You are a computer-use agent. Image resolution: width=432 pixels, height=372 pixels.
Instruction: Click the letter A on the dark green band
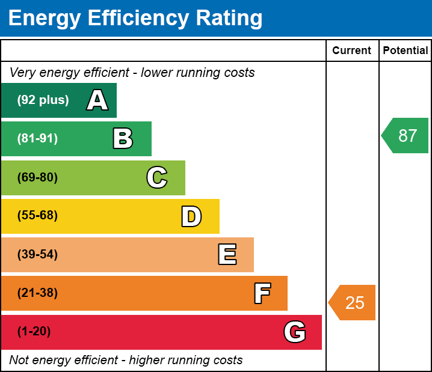pyautogui.click(x=97, y=100)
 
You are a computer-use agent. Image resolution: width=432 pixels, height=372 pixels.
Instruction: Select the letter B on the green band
pyautogui.click(x=123, y=139)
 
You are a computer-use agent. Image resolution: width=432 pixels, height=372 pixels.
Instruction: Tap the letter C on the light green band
pyautogui.click(x=156, y=177)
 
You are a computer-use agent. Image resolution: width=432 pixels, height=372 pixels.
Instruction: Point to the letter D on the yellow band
pyautogui.click(x=191, y=216)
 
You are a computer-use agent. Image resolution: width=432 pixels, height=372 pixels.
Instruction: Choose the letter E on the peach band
pyautogui.click(x=227, y=255)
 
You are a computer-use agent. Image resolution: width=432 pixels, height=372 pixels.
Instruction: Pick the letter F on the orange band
pyautogui.click(x=262, y=293)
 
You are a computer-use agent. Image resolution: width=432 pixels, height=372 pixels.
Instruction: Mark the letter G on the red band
pyautogui.click(x=295, y=332)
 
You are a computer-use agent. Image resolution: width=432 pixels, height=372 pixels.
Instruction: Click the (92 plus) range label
pyautogui.click(x=43, y=100)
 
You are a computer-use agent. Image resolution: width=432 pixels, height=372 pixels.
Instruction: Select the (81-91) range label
pyautogui.click(x=37, y=139)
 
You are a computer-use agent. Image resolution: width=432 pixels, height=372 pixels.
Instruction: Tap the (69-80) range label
pyautogui.click(x=37, y=177)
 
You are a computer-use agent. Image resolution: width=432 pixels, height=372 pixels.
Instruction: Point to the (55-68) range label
pyautogui.click(x=37, y=216)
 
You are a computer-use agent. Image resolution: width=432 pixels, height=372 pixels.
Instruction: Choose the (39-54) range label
pyautogui.click(x=37, y=255)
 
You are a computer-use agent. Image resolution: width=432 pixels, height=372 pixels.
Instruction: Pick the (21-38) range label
pyautogui.click(x=37, y=293)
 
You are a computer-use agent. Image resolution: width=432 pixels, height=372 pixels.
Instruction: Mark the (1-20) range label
pyautogui.click(x=34, y=332)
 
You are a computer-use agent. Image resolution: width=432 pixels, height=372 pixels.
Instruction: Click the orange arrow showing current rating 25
pyautogui.click(x=353, y=302)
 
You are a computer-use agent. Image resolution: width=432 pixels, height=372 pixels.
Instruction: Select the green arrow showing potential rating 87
pyautogui.click(x=406, y=136)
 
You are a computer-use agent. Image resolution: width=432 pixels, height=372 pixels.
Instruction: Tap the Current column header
pyautogui.click(x=352, y=51)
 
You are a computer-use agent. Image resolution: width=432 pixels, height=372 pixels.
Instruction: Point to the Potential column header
pyautogui.click(x=406, y=51)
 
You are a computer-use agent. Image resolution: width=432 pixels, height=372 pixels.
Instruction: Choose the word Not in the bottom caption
pyautogui.click(x=19, y=360)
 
